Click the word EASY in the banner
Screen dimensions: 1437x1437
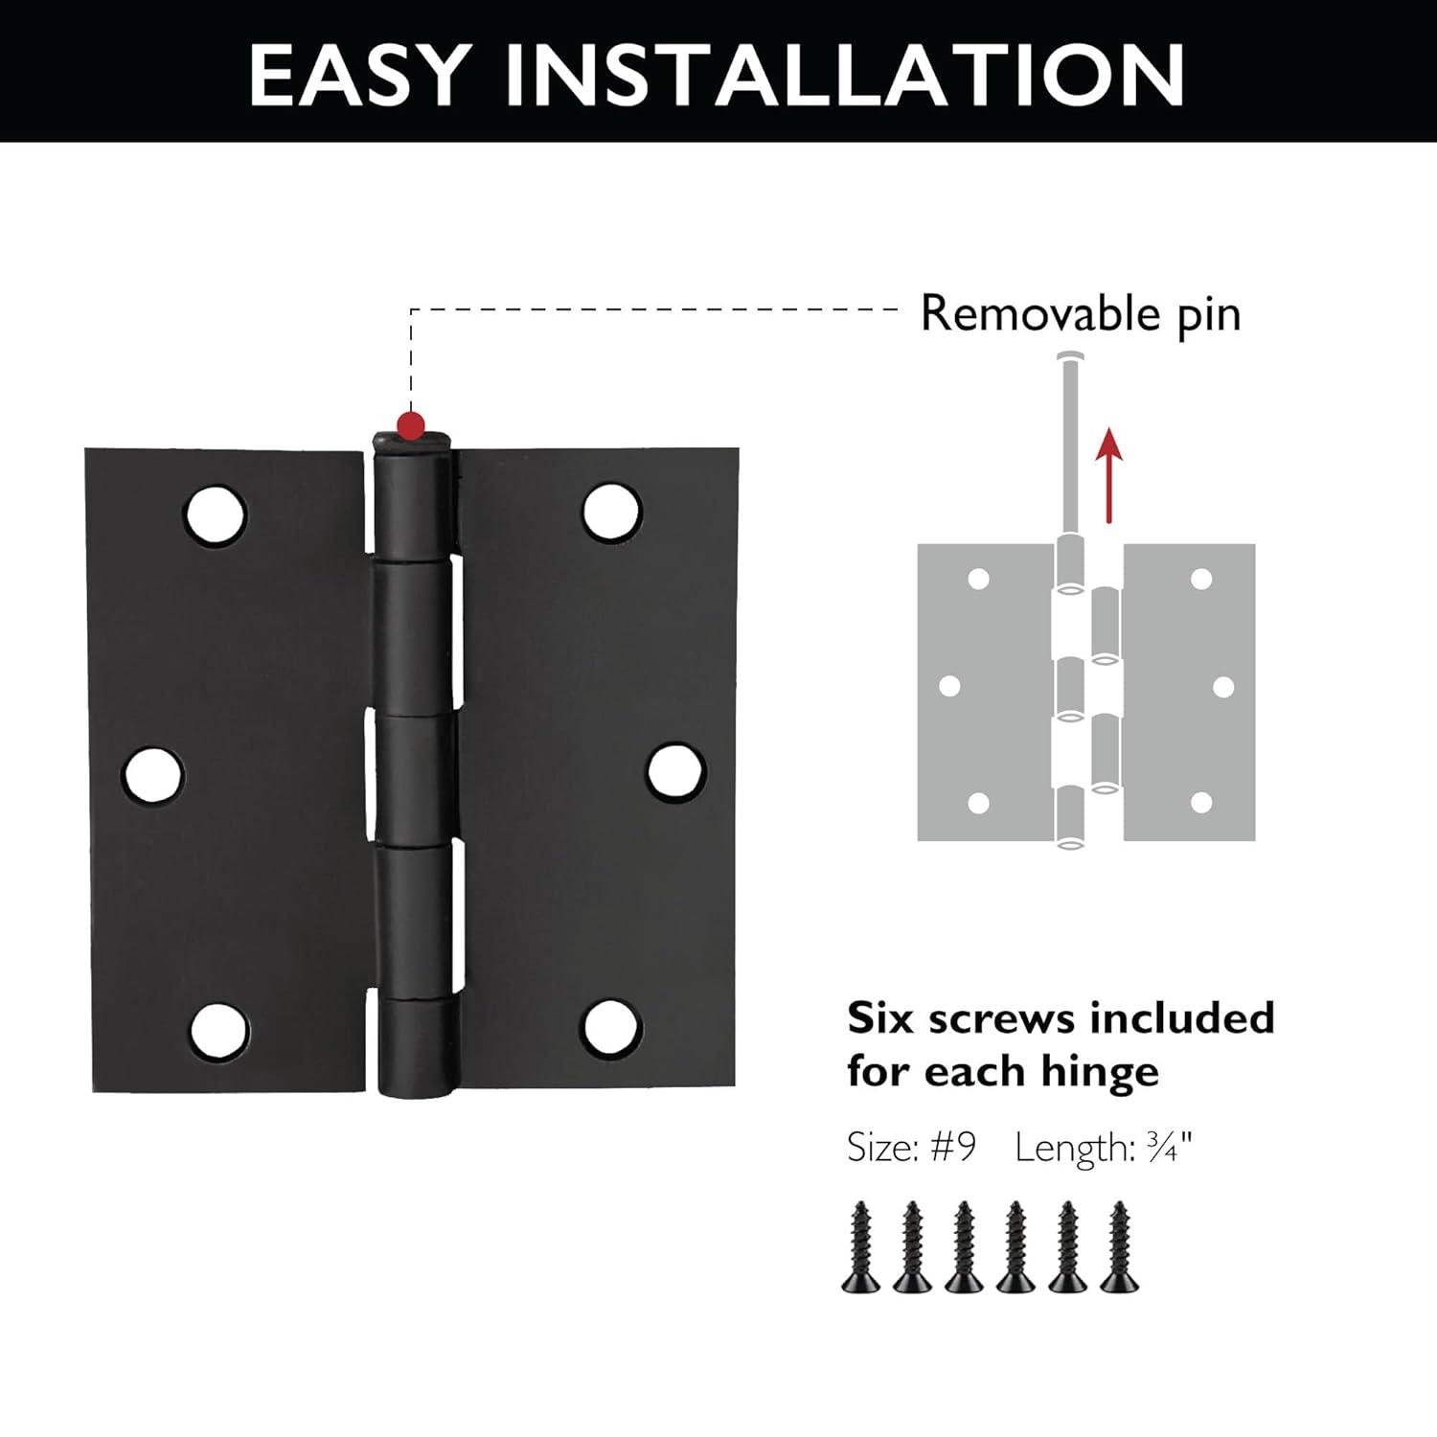click(x=360, y=74)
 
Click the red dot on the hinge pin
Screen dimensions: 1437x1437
click(x=411, y=422)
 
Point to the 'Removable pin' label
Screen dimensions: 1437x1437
click(x=1080, y=313)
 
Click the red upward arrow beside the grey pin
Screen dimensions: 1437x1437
click(x=1108, y=474)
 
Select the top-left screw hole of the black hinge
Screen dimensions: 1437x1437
click(x=216, y=514)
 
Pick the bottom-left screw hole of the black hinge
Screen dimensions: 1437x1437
click(x=219, y=1032)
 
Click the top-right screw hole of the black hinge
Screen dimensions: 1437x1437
click(x=611, y=511)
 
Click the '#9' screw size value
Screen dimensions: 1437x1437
click(x=952, y=1147)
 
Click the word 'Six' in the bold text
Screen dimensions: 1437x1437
click(x=880, y=1018)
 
